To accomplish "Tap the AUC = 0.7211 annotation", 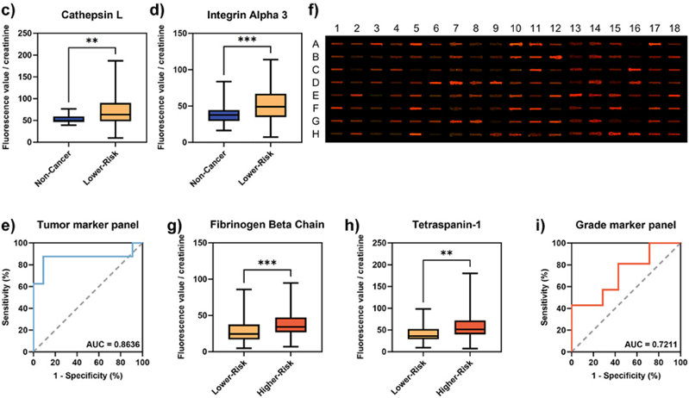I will [648, 345].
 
